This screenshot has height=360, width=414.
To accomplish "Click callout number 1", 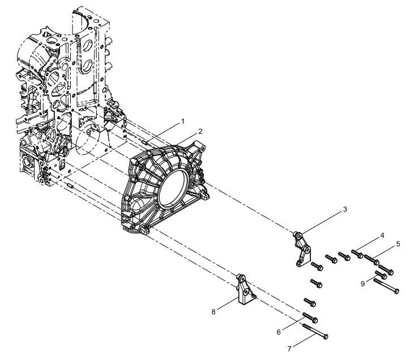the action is click(182, 121).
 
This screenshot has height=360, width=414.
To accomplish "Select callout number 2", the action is click(200, 132).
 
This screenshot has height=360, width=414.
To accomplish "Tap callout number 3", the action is click(345, 209).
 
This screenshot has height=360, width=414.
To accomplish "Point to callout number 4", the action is click(382, 235).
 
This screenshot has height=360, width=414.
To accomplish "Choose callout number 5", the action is click(398, 244).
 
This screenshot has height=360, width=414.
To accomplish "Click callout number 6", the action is click(279, 332).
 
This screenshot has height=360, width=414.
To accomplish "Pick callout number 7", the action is click(289, 349).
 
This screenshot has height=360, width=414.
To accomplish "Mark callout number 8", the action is click(214, 312).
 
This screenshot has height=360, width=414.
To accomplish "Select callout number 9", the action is click(363, 283).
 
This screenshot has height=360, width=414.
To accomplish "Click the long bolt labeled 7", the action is click(315, 332).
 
